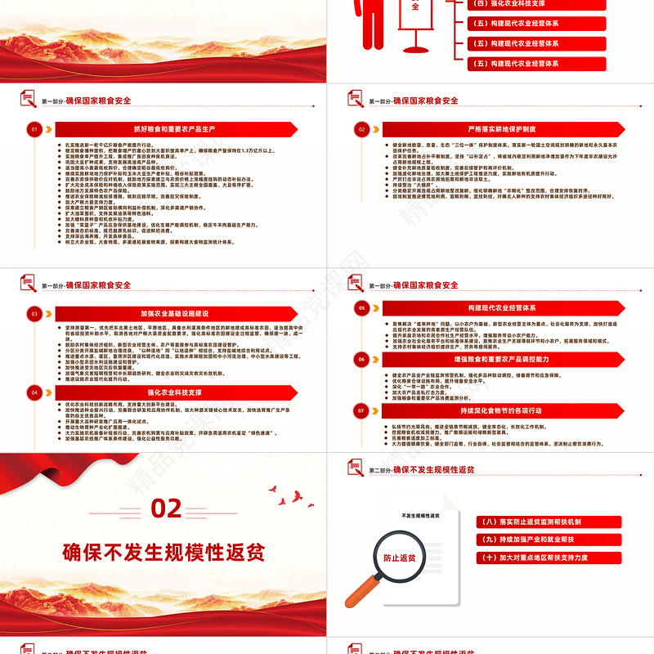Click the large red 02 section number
(166, 509)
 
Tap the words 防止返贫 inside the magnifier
(398, 557)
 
